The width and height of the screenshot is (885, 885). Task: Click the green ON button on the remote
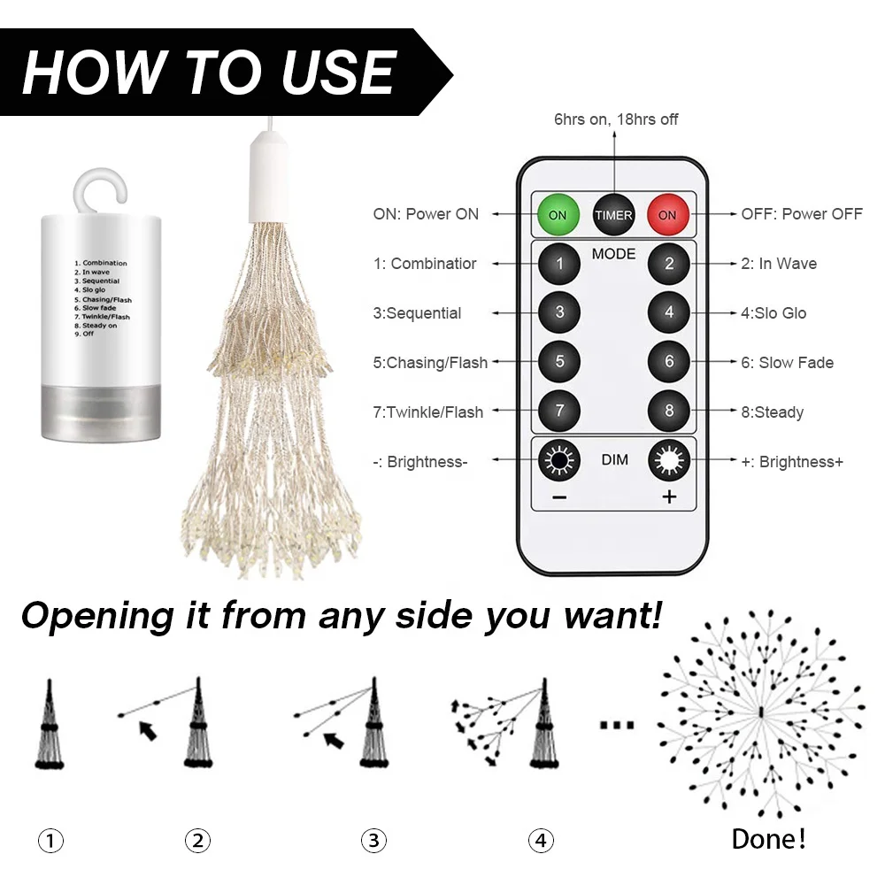(558, 214)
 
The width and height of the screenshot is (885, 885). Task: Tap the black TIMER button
(613, 214)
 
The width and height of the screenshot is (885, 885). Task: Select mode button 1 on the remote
(560, 264)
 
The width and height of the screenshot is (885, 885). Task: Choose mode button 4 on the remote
(669, 312)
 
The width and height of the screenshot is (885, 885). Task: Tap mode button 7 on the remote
(560, 412)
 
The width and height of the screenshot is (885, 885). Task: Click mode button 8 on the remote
(669, 412)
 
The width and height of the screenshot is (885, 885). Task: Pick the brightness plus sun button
(669, 461)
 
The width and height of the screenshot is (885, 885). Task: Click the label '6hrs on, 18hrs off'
(616, 119)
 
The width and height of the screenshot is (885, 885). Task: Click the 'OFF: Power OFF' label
(801, 214)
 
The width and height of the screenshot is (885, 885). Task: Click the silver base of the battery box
(101, 411)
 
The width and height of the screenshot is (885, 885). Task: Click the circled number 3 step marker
(373, 840)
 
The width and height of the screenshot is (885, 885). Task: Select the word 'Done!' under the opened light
(768, 838)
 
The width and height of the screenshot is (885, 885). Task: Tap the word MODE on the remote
(614, 254)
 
